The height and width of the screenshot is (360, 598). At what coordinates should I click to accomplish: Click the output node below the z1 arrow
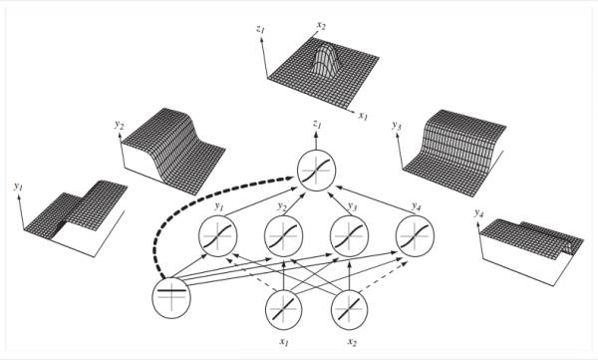(x=316, y=171)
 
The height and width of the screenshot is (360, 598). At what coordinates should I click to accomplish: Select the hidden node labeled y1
(x=217, y=236)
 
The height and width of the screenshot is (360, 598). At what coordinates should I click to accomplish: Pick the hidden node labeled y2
(x=283, y=236)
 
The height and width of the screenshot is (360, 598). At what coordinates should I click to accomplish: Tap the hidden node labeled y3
(x=349, y=236)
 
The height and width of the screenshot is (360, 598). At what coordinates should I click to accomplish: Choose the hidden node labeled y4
(x=415, y=236)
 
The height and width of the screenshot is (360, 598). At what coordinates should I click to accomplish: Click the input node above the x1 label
(x=283, y=309)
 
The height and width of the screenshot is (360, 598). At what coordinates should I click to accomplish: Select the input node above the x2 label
(x=350, y=309)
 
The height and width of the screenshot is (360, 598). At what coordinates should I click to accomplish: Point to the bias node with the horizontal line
(x=171, y=298)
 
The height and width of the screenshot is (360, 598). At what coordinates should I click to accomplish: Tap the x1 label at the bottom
(x=283, y=342)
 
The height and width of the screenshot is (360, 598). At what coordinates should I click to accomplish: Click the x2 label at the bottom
(x=352, y=342)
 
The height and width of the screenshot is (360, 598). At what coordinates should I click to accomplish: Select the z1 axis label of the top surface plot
(x=260, y=29)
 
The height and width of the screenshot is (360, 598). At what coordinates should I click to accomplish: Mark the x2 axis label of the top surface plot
(x=321, y=26)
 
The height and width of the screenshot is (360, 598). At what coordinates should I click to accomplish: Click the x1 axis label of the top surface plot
(x=363, y=116)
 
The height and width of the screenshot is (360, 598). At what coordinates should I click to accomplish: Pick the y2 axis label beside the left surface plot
(x=119, y=125)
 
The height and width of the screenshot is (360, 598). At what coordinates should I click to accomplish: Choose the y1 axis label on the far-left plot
(x=18, y=186)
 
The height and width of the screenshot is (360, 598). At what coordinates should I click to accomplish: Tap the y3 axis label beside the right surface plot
(x=396, y=126)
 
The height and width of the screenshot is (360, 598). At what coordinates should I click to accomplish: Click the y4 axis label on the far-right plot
(x=478, y=213)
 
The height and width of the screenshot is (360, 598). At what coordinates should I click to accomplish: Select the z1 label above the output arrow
(x=316, y=124)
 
